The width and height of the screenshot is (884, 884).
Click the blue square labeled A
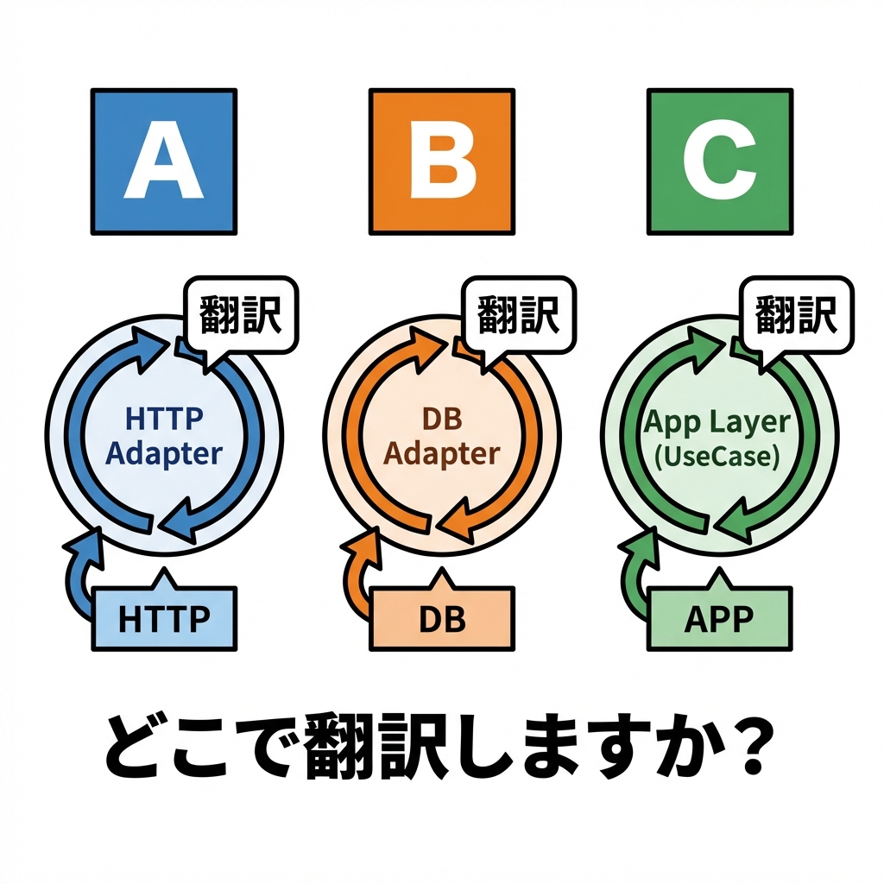pyautogui.click(x=163, y=161)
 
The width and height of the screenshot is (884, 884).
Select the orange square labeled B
pyautogui.click(x=441, y=161)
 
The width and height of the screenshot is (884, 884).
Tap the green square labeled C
pyautogui.click(x=719, y=161)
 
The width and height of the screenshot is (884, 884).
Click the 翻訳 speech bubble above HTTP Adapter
pyautogui.click(x=241, y=314)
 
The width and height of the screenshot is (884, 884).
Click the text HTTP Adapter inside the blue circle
pyautogui.click(x=164, y=436)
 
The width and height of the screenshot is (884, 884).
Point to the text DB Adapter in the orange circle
pyautogui.click(x=442, y=436)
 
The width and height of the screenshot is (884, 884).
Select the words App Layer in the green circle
pyautogui.click(x=717, y=422)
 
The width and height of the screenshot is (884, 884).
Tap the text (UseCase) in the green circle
pyautogui.click(x=717, y=455)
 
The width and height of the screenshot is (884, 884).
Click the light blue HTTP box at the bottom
pyautogui.click(x=163, y=619)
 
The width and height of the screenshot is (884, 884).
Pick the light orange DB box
pyautogui.click(x=442, y=619)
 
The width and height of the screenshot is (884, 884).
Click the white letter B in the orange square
pyautogui.click(x=442, y=161)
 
